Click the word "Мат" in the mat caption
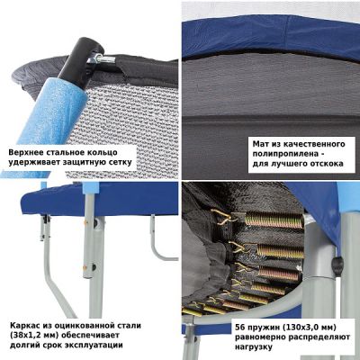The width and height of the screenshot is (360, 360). click(x=259, y=144)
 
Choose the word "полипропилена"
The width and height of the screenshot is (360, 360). click(x=284, y=154)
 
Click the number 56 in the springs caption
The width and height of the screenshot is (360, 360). click(x=239, y=327)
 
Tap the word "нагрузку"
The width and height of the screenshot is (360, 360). click(x=254, y=347)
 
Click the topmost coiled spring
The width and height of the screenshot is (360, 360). click(x=274, y=220)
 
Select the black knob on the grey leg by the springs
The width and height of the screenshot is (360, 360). click(x=338, y=264)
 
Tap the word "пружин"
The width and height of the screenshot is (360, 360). click(x=262, y=328)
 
